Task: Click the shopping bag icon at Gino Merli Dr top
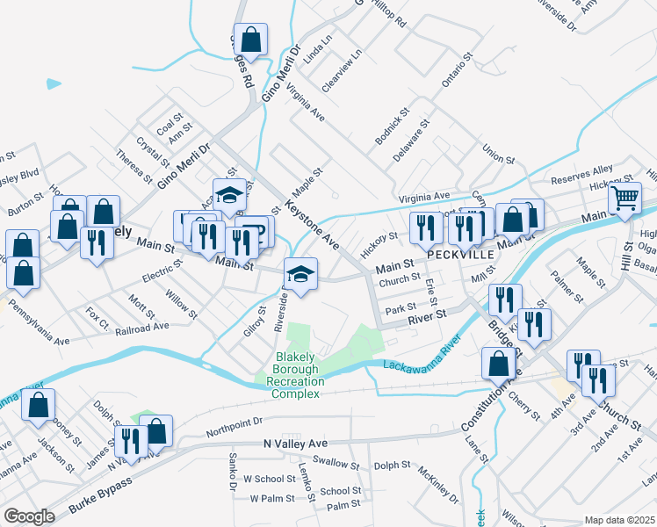(250, 40)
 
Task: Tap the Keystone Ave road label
(313, 226)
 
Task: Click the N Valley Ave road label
(295, 444)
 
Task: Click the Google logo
(29, 516)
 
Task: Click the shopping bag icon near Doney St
(38, 407)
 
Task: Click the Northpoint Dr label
(235, 428)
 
